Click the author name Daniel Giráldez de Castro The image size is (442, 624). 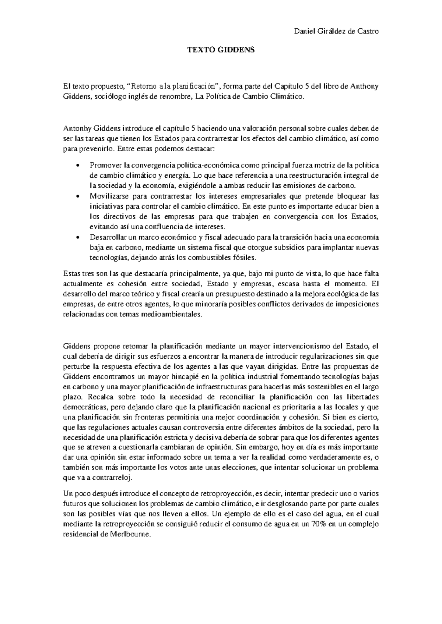tap(336, 32)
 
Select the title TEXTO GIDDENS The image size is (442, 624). tap(221, 50)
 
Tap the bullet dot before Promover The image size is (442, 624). tap(76, 165)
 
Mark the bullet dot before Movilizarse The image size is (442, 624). tap(76, 196)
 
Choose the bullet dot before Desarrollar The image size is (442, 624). tap(76, 237)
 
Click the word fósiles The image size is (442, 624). tap(242, 258)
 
